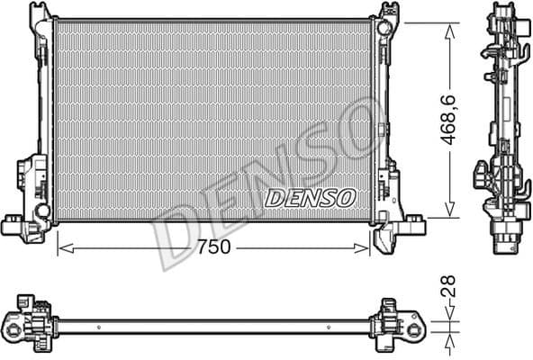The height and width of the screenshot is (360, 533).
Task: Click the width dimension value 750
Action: [212, 247]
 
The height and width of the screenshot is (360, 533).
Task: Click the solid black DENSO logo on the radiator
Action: [311, 196]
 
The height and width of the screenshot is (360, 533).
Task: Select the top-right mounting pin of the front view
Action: [390, 11]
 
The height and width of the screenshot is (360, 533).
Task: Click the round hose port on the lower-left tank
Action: [41, 210]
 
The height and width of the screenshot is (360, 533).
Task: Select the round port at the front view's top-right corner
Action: [384, 28]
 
